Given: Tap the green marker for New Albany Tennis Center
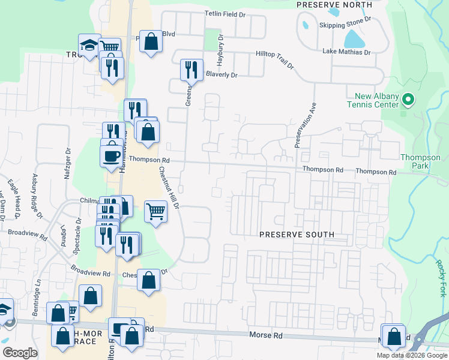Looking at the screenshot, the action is [x=408, y=100].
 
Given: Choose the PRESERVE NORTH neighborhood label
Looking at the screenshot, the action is [x=334, y=4].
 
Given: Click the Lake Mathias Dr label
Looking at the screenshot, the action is [x=346, y=52].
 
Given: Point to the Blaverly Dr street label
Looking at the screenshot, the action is [x=221, y=75].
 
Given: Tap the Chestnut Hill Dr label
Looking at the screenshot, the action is [x=169, y=187].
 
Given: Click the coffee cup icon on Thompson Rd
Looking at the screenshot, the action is [x=112, y=155].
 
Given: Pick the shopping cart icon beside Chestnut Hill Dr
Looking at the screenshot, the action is [x=156, y=210].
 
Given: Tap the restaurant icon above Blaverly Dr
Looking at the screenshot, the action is [x=191, y=69].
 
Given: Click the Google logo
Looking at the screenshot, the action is [x=20, y=353].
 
